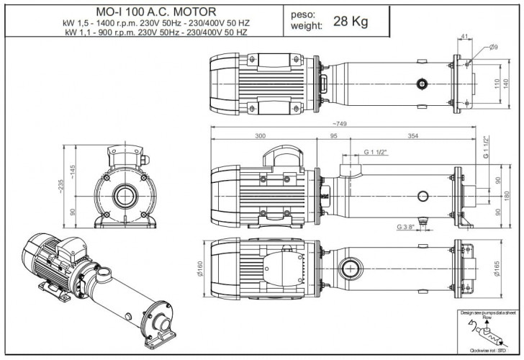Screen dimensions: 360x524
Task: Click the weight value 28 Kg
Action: pyautogui.click(x=351, y=21)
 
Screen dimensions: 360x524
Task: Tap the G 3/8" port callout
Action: pyautogui.click(x=405, y=228)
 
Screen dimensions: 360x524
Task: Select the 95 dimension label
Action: pyautogui.click(x=334, y=135)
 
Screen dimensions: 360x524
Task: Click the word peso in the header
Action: pyautogui.click(x=302, y=14)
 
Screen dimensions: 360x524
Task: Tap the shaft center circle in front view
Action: pyautogui.click(x=124, y=196)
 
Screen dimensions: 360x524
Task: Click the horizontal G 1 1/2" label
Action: pyautogui.click(x=376, y=153)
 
